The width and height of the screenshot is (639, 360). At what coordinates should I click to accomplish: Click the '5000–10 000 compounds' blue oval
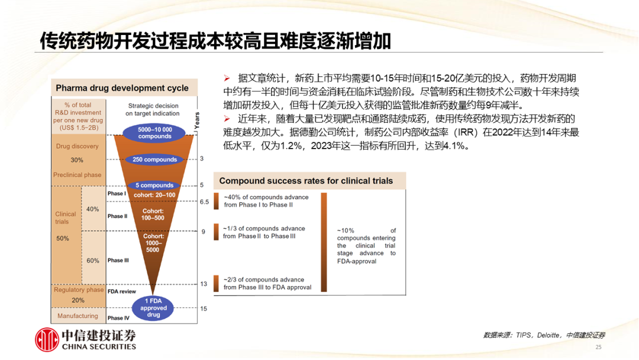[x=154, y=133]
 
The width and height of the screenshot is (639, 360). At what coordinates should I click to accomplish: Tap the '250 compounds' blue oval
[x=154, y=159]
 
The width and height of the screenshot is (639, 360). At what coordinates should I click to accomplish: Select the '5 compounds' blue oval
[x=154, y=185]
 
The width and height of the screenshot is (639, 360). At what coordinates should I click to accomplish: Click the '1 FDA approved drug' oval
[x=153, y=308]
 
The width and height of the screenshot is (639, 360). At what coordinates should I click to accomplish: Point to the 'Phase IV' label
[x=118, y=318]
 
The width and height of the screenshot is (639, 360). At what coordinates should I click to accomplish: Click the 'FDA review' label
[x=121, y=291]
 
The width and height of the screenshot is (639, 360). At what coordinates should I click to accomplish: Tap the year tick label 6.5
[x=204, y=202]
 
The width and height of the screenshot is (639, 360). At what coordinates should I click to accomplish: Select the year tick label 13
[x=204, y=284]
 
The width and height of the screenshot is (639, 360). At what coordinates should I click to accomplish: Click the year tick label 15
[x=204, y=308]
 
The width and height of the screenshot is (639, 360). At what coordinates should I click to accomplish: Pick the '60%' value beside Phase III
[x=92, y=261]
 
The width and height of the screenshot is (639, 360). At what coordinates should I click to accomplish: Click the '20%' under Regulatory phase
[x=78, y=300]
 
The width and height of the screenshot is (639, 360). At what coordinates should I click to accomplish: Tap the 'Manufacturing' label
[x=78, y=316]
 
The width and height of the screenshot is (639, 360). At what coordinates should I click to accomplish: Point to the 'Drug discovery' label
[x=77, y=146]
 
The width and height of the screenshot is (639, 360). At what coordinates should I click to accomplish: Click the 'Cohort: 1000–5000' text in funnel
[x=153, y=243]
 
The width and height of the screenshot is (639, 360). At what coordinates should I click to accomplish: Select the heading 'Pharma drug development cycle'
[x=122, y=88]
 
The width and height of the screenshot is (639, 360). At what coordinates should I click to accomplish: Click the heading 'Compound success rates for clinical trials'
[x=306, y=181]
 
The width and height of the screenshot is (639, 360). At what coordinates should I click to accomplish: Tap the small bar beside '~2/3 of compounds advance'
[x=216, y=283]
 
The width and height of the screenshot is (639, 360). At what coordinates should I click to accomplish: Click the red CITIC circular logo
[x=47, y=339]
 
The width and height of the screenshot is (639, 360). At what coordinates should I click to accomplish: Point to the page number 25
[x=598, y=348]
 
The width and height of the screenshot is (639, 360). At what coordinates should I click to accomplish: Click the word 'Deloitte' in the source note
[x=548, y=335]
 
